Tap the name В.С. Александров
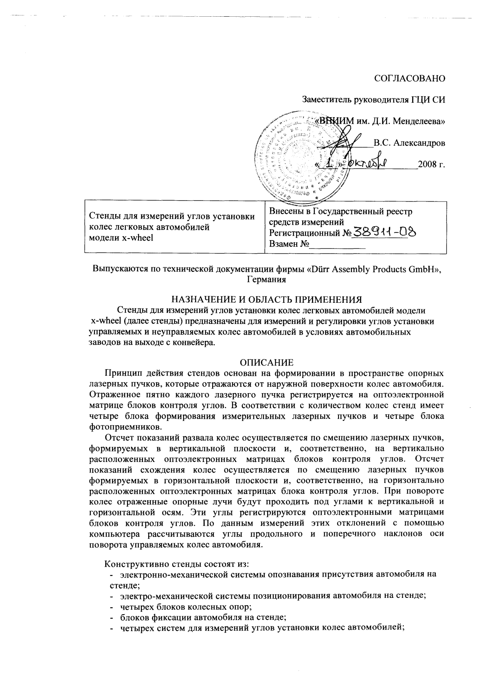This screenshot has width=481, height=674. tap(409, 143)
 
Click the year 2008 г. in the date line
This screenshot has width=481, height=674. tap(431, 165)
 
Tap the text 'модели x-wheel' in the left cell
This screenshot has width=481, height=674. tap(121, 238)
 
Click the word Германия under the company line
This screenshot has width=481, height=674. tap(266, 280)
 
